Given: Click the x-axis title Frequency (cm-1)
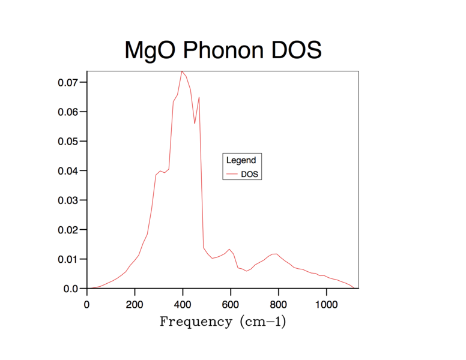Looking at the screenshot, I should pyautogui.click(x=223, y=322).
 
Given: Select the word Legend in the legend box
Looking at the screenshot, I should pyautogui.click(x=241, y=160).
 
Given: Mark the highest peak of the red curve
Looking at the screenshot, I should pyautogui.click(x=182, y=71).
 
